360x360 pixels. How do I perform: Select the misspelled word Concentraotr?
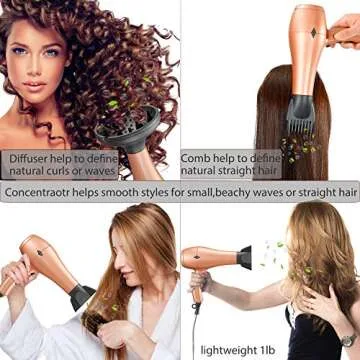[43, 190]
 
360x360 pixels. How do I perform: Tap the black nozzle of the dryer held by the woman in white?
[82, 296]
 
